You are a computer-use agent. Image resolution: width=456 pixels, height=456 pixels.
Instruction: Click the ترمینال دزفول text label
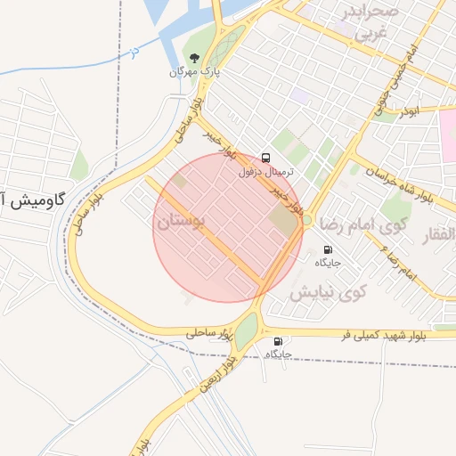coord(266,171)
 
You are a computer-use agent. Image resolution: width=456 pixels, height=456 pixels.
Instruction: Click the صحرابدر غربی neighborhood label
coord(370,23)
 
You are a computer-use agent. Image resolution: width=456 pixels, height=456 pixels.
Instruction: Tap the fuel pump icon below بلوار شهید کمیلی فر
coord(279,341)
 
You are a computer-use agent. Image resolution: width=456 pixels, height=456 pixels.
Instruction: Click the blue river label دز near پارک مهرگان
coord(134,53)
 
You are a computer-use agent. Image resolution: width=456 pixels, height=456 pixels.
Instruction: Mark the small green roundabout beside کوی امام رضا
coord(306,219)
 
